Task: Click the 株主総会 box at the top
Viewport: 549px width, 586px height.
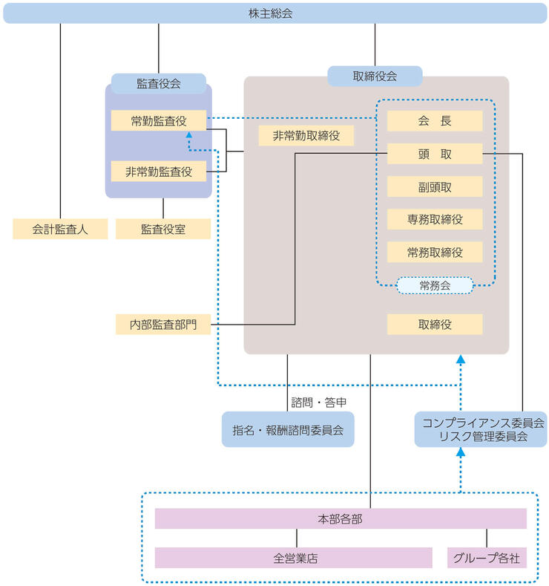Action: [x=274, y=13]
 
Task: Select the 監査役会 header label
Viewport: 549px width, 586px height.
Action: [x=158, y=83]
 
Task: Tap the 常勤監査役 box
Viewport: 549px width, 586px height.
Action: [x=158, y=121]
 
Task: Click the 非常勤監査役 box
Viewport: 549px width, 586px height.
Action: [x=158, y=172]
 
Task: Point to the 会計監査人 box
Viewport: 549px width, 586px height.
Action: [x=60, y=229]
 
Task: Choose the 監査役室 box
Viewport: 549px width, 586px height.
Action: [x=163, y=229]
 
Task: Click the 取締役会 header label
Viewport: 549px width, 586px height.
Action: [x=375, y=76]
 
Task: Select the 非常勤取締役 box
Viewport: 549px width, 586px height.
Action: [x=306, y=136]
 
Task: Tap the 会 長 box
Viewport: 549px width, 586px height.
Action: [x=435, y=121]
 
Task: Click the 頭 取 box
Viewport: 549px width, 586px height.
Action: [x=435, y=154]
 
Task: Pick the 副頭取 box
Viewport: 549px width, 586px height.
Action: [x=435, y=186]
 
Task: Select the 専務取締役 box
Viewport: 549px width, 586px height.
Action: [x=435, y=219]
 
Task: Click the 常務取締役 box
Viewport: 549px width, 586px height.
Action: [x=435, y=252]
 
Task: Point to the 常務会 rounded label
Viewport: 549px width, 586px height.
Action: [x=435, y=285]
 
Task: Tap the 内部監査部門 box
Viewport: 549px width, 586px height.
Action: [x=162, y=325]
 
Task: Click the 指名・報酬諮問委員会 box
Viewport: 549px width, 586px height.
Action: [x=288, y=429]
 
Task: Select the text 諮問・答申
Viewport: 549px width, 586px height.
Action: [x=319, y=402]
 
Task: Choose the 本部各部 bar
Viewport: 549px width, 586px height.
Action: [x=340, y=518]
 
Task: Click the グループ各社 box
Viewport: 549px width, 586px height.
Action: [x=487, y=558]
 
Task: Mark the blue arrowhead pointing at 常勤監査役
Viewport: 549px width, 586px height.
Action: [x=189, y=136]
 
